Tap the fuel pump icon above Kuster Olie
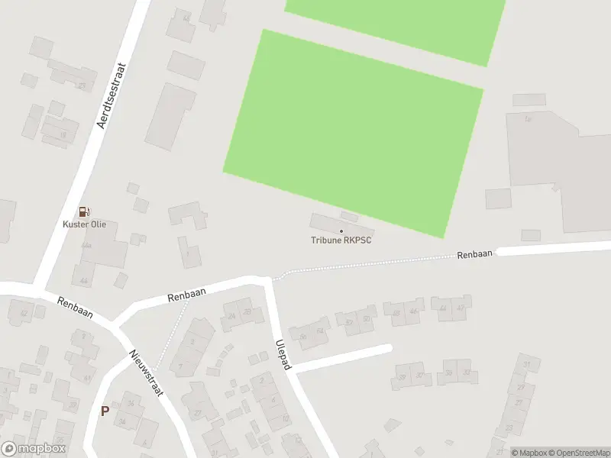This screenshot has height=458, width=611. (x=84, y=211)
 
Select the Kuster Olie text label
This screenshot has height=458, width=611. (x=84, y=224)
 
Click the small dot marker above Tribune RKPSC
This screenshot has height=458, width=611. (x=341, y=231)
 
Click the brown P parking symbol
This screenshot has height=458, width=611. (x=105, y=411)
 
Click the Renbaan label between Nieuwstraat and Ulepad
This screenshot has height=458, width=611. (x=188, y=294)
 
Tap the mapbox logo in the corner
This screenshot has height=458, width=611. (x=34, y=449)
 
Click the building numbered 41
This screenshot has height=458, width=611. (x=86, y=377)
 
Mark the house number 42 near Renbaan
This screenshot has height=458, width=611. (x=24, y=313)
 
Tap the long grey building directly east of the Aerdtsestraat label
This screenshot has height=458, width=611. (x=170, y=117)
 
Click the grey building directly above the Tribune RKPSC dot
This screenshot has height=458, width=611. (x=349, y=218)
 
